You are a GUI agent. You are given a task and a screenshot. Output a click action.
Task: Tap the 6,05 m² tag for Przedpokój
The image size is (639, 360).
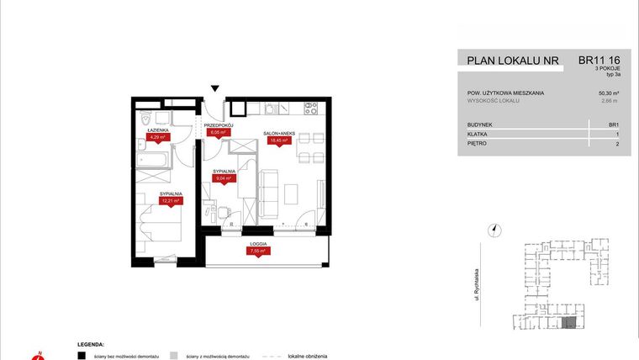pos(217,132)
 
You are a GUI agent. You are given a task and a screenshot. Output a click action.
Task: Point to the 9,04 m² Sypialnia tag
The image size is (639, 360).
pos(223,178)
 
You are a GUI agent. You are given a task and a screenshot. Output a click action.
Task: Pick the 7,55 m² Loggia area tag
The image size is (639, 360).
pos(256,251)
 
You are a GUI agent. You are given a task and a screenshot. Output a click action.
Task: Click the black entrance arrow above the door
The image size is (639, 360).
pos(215,88)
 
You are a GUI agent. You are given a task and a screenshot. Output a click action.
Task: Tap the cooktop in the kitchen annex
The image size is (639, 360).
pos(309,108)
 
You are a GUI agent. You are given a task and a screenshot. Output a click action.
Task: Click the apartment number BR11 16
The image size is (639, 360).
pos(599,60)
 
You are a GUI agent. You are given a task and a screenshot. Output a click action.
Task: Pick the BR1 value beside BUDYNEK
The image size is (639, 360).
pos(613,124)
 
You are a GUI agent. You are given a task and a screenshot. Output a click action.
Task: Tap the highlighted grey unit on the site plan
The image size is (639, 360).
pos(569,322)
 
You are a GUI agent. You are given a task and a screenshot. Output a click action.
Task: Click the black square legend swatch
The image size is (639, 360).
pos(81,355)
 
